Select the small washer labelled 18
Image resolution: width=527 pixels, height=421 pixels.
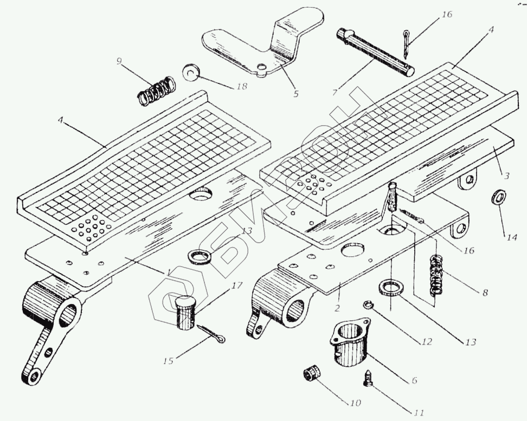click(x=191, y=73)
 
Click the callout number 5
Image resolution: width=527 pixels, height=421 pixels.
click(x=295, y=94)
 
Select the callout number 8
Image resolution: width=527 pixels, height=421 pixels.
click(x=485, y=293)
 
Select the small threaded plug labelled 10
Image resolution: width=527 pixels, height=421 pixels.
click(x=312, y=374)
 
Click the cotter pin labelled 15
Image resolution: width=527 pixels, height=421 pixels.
click(x=211, y=334)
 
